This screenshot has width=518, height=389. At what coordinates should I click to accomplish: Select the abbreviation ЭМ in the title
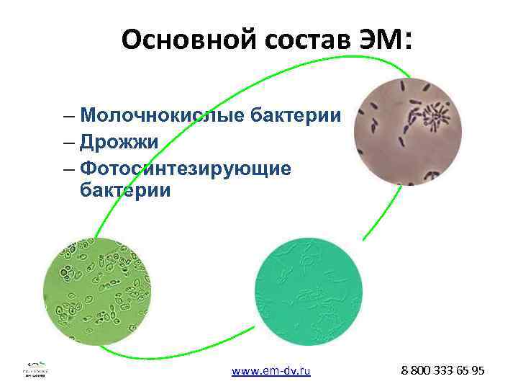[380, 40]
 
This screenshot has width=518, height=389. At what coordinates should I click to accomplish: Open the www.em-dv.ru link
[271, 371]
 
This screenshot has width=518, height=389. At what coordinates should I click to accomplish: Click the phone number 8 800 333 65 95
[443, 370]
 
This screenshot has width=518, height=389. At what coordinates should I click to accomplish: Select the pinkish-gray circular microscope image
[408, 132]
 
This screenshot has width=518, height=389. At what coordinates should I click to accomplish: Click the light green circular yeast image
[98, 291]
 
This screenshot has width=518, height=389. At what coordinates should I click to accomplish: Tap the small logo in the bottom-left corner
[37, 369]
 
